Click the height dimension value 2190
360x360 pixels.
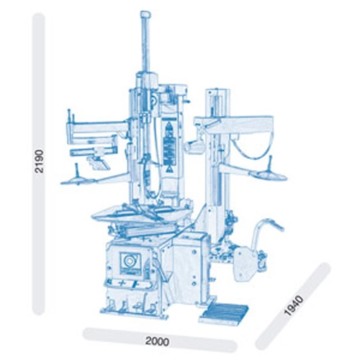(38, 161)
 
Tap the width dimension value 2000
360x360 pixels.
(158, 341)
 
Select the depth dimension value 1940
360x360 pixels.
(294, 305)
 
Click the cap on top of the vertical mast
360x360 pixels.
(145, 14)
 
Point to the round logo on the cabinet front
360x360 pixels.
(130, 260)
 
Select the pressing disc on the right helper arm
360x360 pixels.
(268, 176)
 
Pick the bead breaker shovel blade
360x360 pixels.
(243, 264)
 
